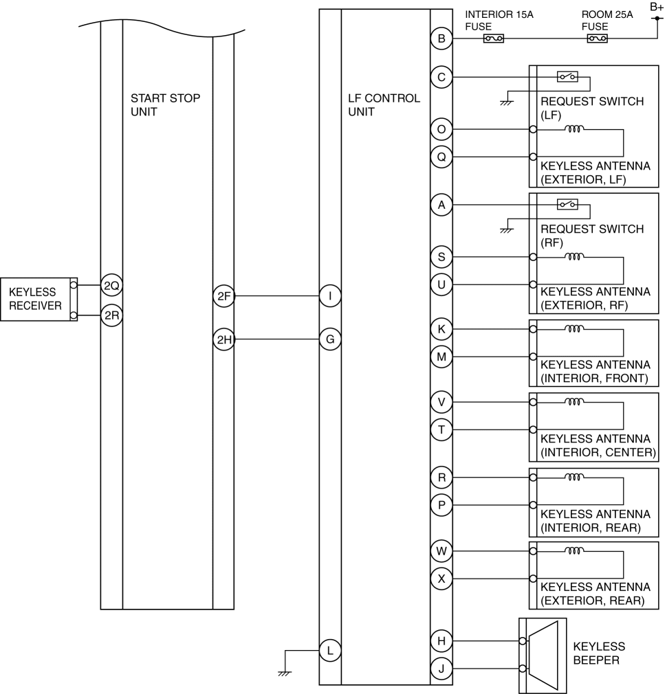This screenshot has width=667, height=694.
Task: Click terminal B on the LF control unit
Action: click(x=441, y=38)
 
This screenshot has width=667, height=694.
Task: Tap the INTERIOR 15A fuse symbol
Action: click(x=493, y=38)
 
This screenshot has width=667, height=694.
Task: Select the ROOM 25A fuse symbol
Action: click(x=597, y=38)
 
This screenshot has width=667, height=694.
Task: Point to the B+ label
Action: click(x=657, y=7)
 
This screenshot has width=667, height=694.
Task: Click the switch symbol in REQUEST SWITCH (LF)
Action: click(x=567, y=76)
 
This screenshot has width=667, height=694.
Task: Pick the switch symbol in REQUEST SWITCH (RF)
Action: click(x=567, y=204)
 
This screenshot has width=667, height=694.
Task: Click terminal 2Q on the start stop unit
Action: click(x=111, y=285)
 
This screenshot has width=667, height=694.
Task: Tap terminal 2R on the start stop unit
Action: click(x=111, y=315)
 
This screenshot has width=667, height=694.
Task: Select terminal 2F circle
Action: click(x=223, y=295)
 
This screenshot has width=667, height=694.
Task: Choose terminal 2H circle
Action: click(x=223, y=339)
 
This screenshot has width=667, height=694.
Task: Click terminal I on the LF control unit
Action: click(x=330, y=295)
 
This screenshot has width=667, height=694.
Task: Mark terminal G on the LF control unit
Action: click(x=330, y=339)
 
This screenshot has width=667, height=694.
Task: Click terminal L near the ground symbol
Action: click(x=330, y=651)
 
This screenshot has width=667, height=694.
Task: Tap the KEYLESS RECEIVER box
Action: click(x=39, y=299)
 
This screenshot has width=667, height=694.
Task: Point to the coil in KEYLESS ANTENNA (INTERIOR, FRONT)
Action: click(x=574, y=328)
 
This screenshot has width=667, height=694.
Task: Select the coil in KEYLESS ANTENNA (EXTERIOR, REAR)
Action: click(x=574, y=550)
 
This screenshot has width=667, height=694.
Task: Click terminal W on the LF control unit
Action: click(x=441, y=551)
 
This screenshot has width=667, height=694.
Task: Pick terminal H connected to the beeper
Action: click(x=441, y=640)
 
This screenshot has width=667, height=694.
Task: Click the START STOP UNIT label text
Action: click(x=165, y=105)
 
